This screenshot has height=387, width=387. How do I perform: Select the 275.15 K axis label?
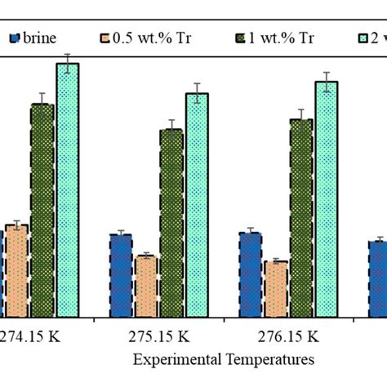tap(159, 336)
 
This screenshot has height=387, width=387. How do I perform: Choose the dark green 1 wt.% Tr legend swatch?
tap(240, 38)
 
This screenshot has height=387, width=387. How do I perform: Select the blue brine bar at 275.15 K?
tap(121, 276)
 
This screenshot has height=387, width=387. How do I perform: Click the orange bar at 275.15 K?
tap(146, 287)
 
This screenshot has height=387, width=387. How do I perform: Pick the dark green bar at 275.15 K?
tap(171, 223)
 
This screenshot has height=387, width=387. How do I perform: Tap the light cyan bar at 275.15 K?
tap(197, 205)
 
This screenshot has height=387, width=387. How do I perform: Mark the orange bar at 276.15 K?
tap(276, 289)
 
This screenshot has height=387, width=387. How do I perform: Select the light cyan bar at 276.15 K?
tap(327, 199)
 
